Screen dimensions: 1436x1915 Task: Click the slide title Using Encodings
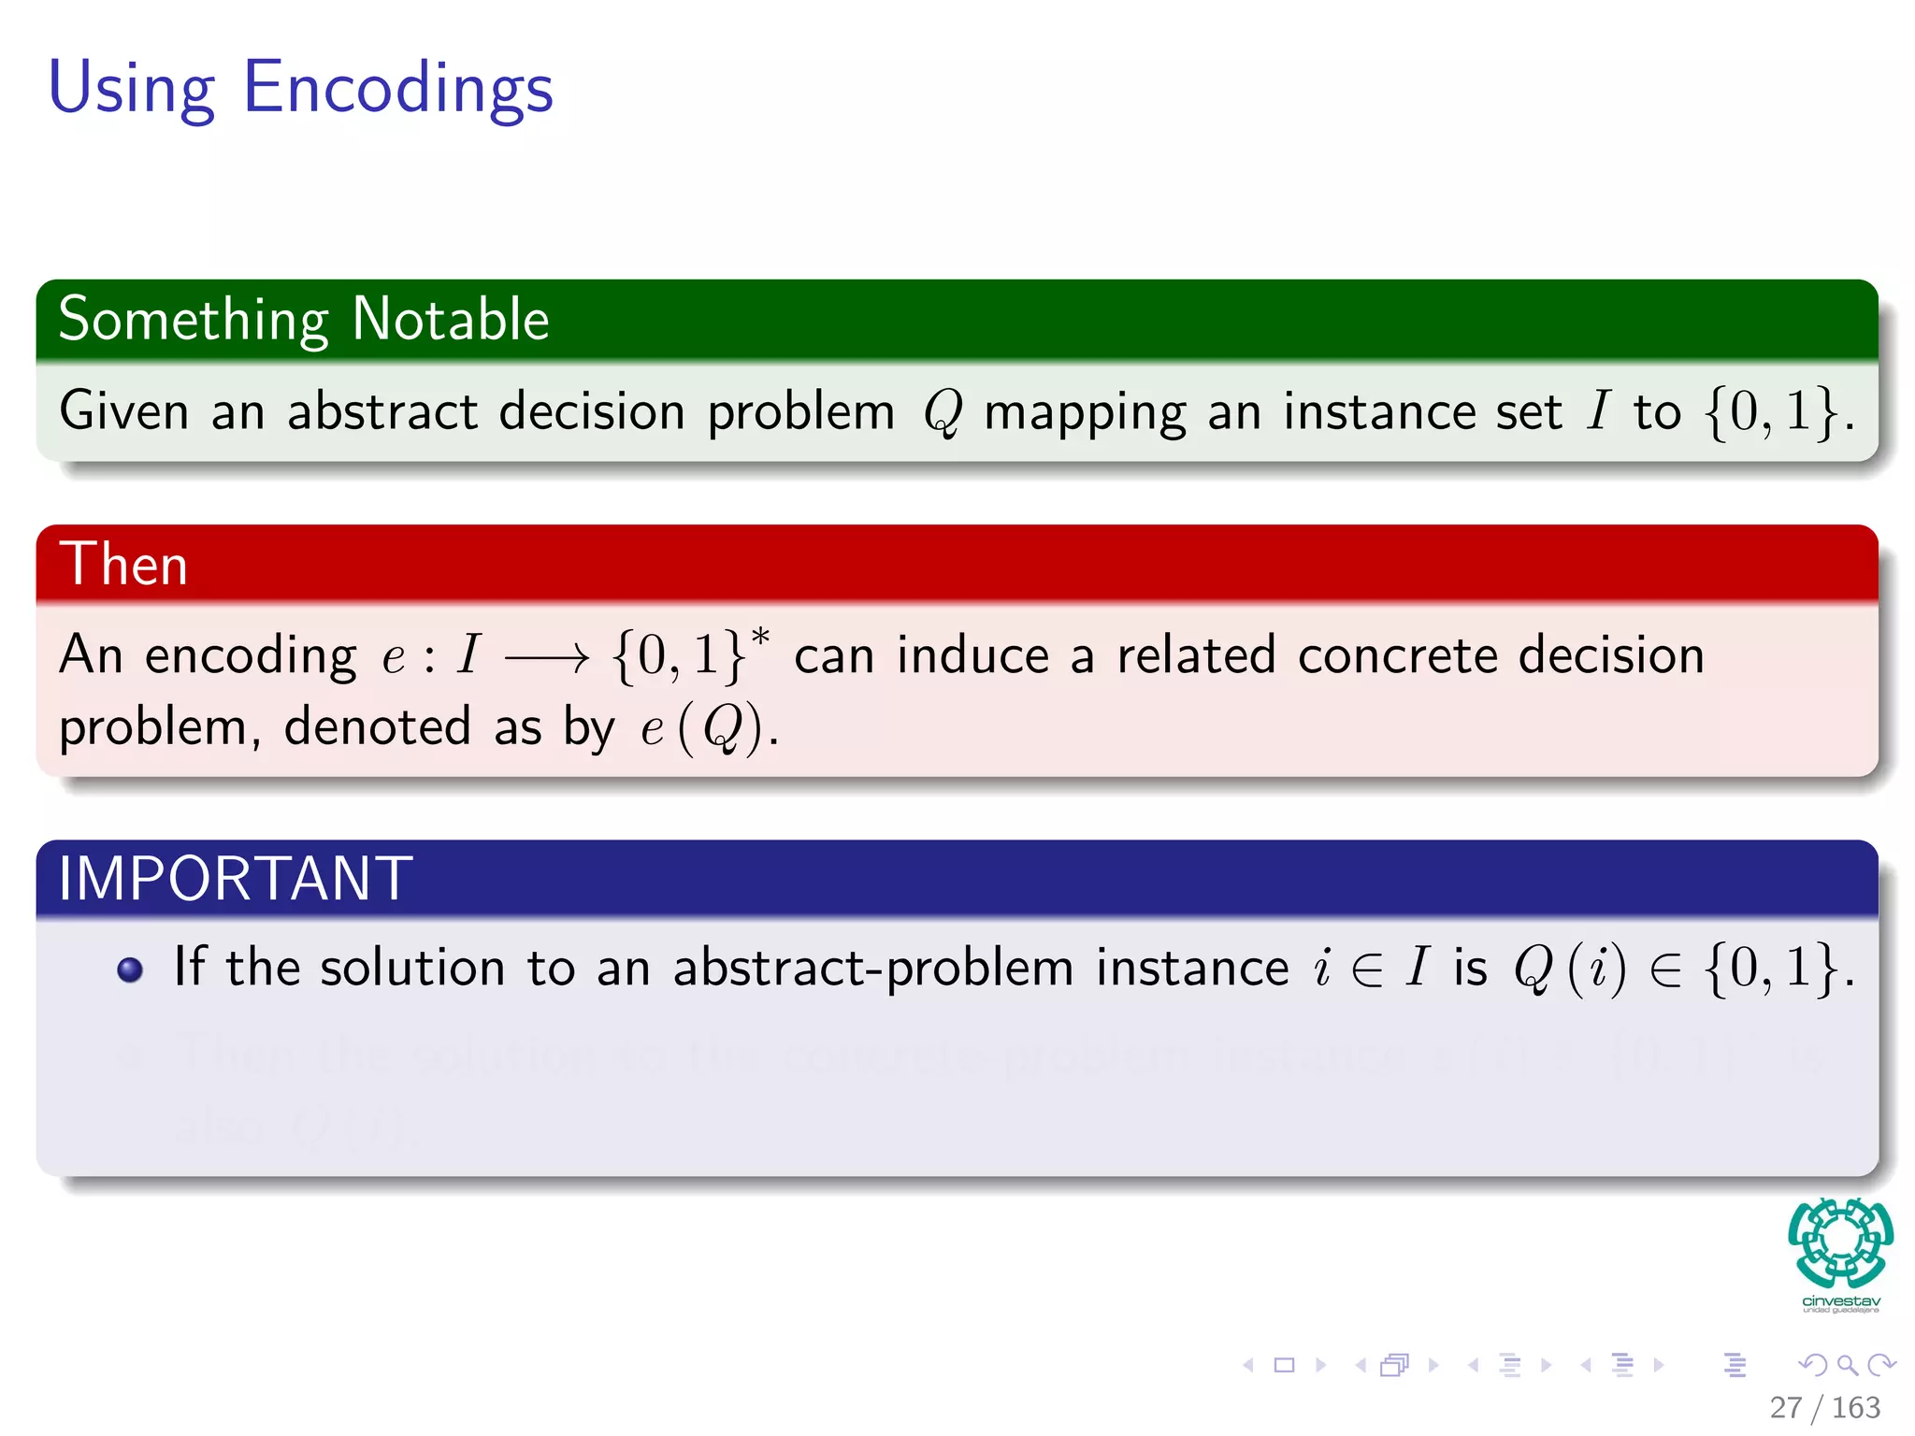(x=300, y=89)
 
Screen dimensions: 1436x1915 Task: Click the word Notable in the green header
(x=450, y=320)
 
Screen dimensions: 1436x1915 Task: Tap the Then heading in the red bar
(x=123, y=565)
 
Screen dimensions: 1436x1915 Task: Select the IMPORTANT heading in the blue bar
(x=235, y=879)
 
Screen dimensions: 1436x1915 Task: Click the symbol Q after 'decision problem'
(x=942, y=412)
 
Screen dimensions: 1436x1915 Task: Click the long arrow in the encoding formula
(x=547, y=658)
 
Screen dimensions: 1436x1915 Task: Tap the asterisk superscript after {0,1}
(x=760, y=638)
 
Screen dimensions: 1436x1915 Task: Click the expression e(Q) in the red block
(x=703, y=728)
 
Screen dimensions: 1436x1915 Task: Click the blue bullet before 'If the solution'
(x=130, y=970)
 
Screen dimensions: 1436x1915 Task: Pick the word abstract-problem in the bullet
(x=873, y=968)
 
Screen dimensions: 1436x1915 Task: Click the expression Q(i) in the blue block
(x=1570, y=968)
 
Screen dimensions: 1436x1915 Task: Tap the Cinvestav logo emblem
(x=1840, y=1243)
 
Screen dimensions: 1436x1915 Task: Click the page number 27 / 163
(x=1824, y=1407)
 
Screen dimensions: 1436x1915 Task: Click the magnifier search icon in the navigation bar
(x=1846, y=1366)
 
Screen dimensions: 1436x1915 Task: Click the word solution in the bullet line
(x=411, y=968)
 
